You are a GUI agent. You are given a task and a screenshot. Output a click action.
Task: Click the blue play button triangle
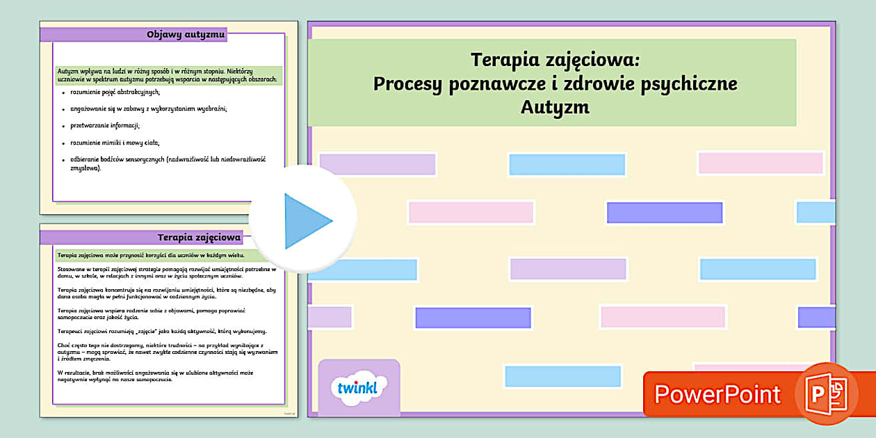point(306,221)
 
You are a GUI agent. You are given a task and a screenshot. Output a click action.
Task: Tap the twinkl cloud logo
point(358,387)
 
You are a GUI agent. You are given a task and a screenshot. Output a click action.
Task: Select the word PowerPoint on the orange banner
point(717,394)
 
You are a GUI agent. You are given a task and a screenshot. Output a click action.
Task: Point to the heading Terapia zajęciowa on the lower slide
point(199,237)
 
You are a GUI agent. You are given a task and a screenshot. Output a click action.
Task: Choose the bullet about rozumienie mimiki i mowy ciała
point(115,143)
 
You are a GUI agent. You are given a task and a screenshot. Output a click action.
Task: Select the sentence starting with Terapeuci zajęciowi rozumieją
point(162,332)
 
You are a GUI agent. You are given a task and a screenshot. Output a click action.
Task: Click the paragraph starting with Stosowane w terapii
point(167,272)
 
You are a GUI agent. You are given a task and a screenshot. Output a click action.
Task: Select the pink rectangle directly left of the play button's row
point(471,212)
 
